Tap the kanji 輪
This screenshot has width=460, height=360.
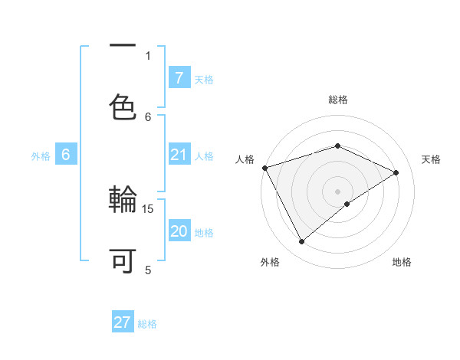point(123,201)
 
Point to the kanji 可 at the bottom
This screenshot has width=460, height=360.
point(123,260)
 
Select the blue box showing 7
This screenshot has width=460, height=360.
point(179,78)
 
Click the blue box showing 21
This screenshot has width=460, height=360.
point(179,155)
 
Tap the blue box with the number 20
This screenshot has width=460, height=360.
point(179,231)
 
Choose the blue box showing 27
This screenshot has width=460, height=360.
point(123,322)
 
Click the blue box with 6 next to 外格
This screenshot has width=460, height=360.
point(66,155)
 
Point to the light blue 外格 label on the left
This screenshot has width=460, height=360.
point(41,155)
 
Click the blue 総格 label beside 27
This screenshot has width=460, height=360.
point(147,324)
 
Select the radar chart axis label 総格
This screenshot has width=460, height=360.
point(338,100)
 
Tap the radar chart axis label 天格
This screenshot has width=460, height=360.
point(432,159)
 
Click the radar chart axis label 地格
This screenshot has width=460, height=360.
point(402,263)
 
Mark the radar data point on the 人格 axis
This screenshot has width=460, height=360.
point(264,168)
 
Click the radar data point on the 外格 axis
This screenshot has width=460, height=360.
point(301,242)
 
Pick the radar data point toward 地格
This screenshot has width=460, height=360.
point(347,204)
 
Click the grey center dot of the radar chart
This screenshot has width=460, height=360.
point(338,191)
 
